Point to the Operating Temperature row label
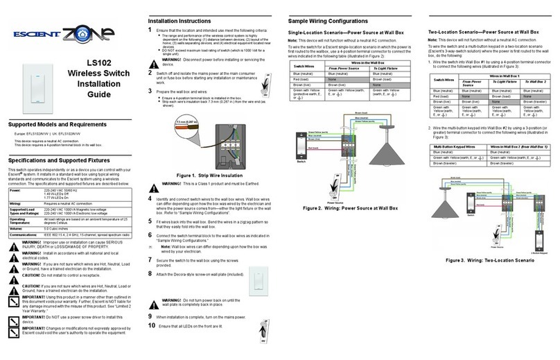pyautogui.click(x=22, y=222)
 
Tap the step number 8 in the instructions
pyautogui.click(x=151, y=274)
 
